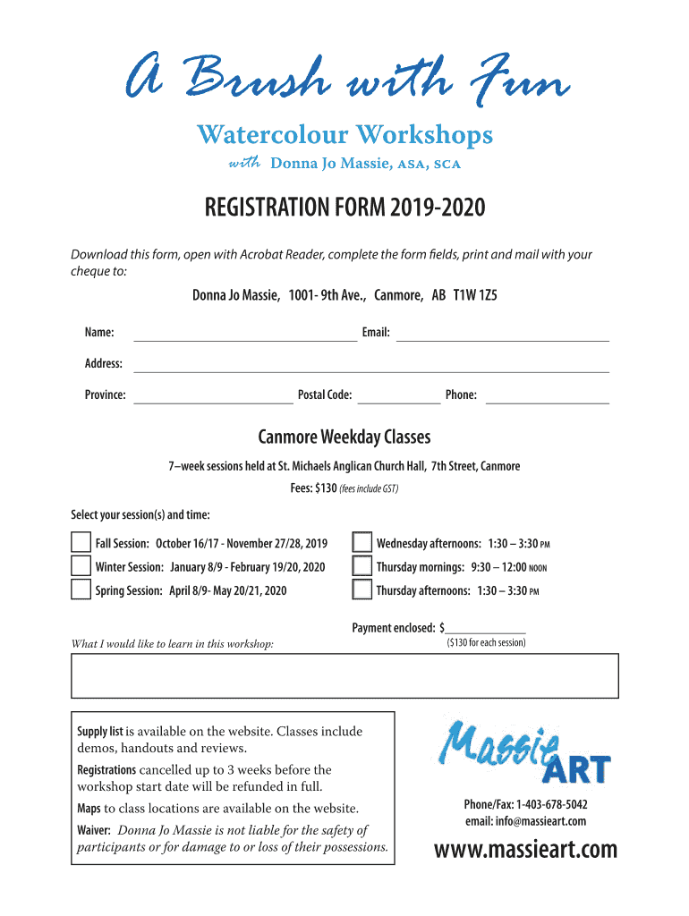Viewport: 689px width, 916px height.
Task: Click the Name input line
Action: coord(244,335)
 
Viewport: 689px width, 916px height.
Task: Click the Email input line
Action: coord(502,335)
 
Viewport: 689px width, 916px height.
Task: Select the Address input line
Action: coord(370,365)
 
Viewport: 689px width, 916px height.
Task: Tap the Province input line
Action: coord(213,396)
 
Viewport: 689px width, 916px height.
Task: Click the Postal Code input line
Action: coord(399,396)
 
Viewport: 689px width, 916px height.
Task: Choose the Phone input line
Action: coord(547,396)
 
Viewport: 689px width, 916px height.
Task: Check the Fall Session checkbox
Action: coord(81,543)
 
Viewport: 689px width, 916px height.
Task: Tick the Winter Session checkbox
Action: coord(81,566)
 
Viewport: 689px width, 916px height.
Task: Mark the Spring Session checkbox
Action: coord(81,589)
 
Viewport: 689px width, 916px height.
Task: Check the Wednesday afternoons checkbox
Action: coord(362,543)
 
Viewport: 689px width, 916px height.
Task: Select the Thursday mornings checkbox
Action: coord(362,566)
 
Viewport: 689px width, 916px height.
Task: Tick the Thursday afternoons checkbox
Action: coord(362,589)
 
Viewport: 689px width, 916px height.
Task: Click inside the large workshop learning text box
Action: coord(344,675)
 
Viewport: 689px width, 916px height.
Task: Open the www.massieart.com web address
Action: coord(525,849)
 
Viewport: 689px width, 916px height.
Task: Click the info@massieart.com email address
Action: coord(525,821)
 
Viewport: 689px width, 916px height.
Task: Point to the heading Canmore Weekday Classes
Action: coord(344,437)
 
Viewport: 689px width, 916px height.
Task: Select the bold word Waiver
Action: coord(94,831)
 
